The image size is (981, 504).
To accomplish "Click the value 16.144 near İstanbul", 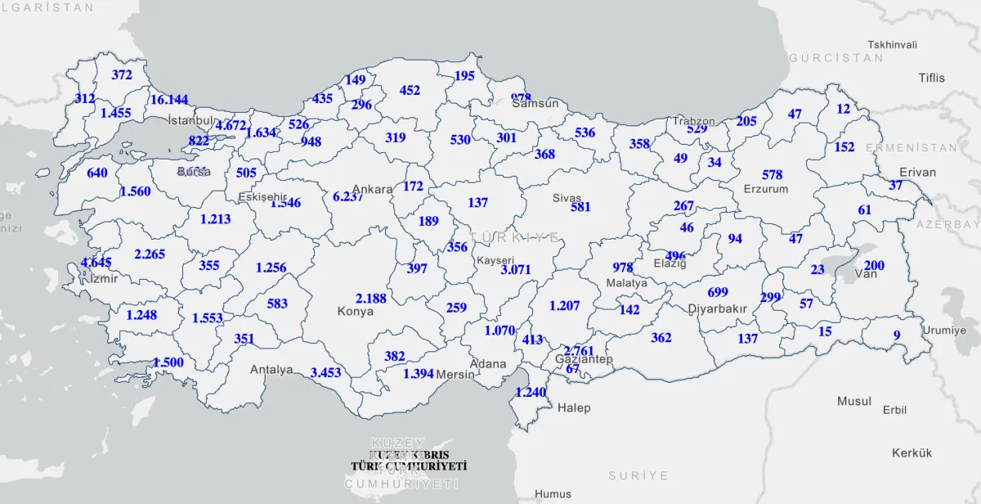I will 169,100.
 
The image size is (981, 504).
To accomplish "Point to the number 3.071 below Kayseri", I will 516,269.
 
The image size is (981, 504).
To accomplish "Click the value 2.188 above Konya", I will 371,298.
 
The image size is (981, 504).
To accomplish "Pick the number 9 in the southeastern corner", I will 896,335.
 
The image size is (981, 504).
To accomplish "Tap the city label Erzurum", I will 766,189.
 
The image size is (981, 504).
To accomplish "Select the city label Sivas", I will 567,197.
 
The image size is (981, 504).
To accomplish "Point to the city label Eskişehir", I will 262,197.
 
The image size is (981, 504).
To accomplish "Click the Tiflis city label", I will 931,78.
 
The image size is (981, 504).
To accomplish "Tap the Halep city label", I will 573,407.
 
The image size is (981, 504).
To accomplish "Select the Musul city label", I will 854,401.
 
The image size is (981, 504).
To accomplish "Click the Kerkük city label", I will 912,452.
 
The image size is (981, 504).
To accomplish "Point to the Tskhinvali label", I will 893,44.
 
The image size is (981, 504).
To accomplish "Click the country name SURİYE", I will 638,475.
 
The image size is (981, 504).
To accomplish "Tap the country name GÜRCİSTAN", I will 836,58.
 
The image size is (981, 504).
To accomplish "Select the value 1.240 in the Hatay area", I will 530,392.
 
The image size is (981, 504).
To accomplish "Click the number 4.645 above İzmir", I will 96,263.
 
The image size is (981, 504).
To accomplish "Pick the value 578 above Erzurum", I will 772,174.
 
